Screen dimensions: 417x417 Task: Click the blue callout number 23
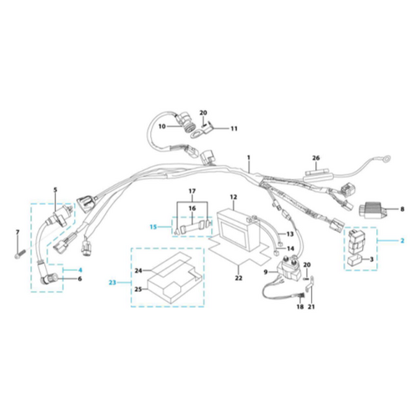coord(113,283)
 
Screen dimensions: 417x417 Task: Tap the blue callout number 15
coord(153,227)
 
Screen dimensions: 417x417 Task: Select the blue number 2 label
coord(402,240)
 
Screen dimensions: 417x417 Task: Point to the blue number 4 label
coord(80,269)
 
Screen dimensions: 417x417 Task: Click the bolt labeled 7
coord(20,254)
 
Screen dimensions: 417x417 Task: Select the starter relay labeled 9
coord(289,269)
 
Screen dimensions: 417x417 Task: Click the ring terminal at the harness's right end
coord(386,158)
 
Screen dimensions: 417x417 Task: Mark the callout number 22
coord(239,278)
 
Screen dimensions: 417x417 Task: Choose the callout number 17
coord(192,191)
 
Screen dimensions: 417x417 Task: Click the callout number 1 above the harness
coord(249,158)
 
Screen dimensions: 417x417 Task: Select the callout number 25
coord(138,289)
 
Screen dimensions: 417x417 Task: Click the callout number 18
coord(300,307)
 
